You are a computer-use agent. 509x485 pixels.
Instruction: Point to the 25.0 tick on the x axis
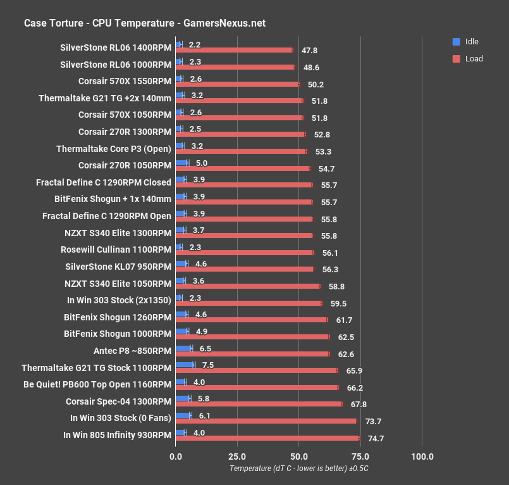pos(237,457)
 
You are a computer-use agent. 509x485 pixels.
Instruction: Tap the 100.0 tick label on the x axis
pos(422,457)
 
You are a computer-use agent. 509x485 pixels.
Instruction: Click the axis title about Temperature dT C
pos(299,469)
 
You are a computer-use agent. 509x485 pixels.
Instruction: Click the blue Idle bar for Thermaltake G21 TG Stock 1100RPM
pos(185,365)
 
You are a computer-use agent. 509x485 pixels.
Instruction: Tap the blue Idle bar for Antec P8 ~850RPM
pos(183,348)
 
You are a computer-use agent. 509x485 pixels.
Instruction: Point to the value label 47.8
pos(309,51)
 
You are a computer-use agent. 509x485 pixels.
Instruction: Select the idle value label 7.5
pos(208,365)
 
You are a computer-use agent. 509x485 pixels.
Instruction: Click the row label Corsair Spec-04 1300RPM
pos(118,401)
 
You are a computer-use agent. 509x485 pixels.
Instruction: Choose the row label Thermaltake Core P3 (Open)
pos(113,149)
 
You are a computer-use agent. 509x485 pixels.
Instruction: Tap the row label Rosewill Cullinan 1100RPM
pos(116,249)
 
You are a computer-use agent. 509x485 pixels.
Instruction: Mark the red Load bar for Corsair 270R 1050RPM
pos(242,168)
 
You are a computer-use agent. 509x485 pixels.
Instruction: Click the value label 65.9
pos(355,370)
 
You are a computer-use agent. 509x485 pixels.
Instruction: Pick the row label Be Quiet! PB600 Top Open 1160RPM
pos(97,384)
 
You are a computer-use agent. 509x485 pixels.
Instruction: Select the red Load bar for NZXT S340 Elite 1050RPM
pos(247,286)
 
